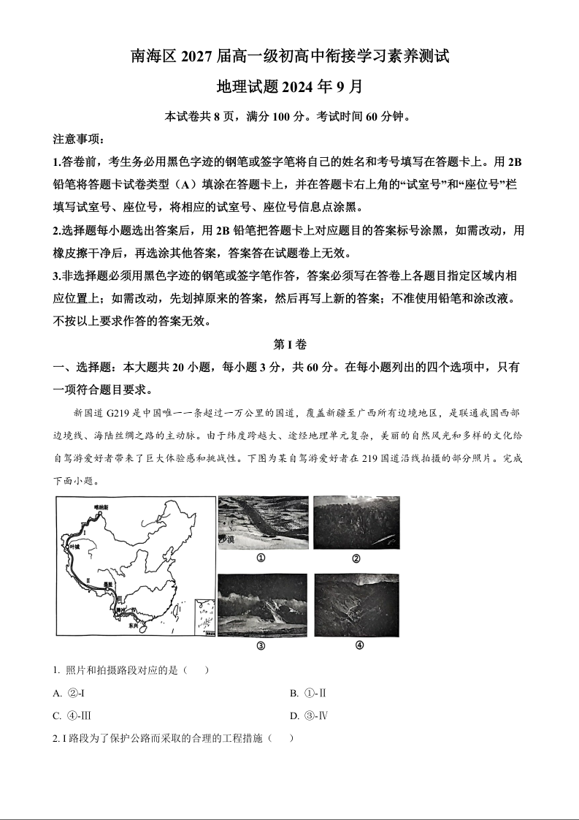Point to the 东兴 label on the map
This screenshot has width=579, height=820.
point(132,626)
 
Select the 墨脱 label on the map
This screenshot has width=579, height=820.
point(108,585)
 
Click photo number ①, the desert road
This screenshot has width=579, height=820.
point(263,522)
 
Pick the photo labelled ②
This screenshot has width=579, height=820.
point(356,522)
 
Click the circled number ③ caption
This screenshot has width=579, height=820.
point(261,645)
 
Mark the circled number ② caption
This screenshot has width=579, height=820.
point(356,559)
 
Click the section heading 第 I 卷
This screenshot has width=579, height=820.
point(289,344)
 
